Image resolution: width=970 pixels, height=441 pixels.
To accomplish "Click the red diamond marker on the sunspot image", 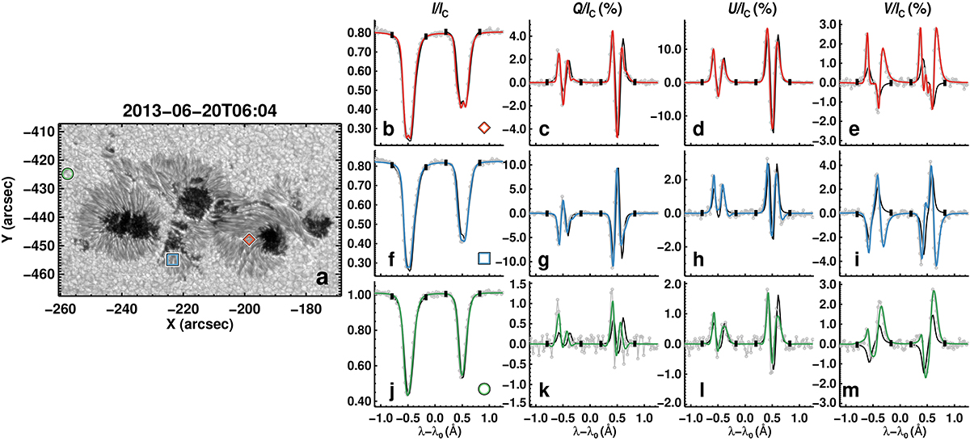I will [x=249, y=239].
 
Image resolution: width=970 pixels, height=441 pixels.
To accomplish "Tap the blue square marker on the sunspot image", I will [x=171, y=259].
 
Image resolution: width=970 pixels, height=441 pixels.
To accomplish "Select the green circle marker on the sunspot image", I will [x=68, y=174].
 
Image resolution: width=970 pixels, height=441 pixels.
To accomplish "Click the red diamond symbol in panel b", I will [x=484, y=128].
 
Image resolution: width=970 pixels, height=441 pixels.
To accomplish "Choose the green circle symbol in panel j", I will [x=484, y=388].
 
